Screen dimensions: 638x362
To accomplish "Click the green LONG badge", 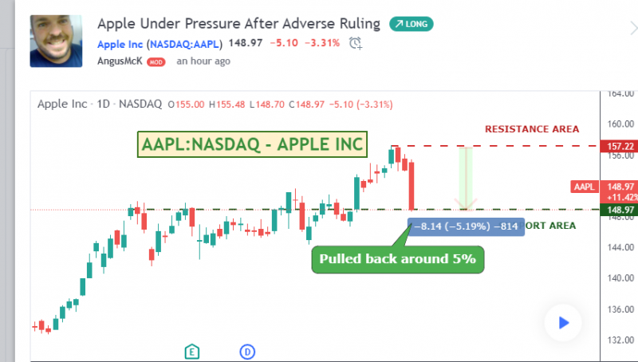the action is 412,24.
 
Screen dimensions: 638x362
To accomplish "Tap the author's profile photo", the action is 56,41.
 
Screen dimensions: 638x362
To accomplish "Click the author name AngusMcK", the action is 120,61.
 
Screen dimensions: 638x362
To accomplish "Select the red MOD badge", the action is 156,62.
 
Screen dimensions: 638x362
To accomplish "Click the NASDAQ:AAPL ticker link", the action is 184,44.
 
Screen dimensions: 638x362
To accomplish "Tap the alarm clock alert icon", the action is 355,43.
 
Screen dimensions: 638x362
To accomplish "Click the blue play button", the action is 563,323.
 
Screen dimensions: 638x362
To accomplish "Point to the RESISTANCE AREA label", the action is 532,129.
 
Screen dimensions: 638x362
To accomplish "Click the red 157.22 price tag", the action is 619,146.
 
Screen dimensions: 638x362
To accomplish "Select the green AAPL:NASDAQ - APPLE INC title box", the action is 252,144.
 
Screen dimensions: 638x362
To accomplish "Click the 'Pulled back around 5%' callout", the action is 397,259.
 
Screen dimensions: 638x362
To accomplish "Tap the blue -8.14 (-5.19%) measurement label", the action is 466,226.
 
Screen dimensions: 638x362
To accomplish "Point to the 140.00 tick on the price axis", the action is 620,278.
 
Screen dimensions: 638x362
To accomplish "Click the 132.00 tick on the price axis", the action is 620,340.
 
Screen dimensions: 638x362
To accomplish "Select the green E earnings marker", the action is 192,352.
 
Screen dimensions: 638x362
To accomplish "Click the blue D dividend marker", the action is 247,352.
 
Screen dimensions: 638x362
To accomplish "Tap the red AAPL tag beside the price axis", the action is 585,187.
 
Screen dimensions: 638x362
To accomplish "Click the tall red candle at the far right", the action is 412,186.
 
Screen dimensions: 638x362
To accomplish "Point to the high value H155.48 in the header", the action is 226,104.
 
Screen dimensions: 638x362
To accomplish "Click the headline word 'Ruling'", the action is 360,24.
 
